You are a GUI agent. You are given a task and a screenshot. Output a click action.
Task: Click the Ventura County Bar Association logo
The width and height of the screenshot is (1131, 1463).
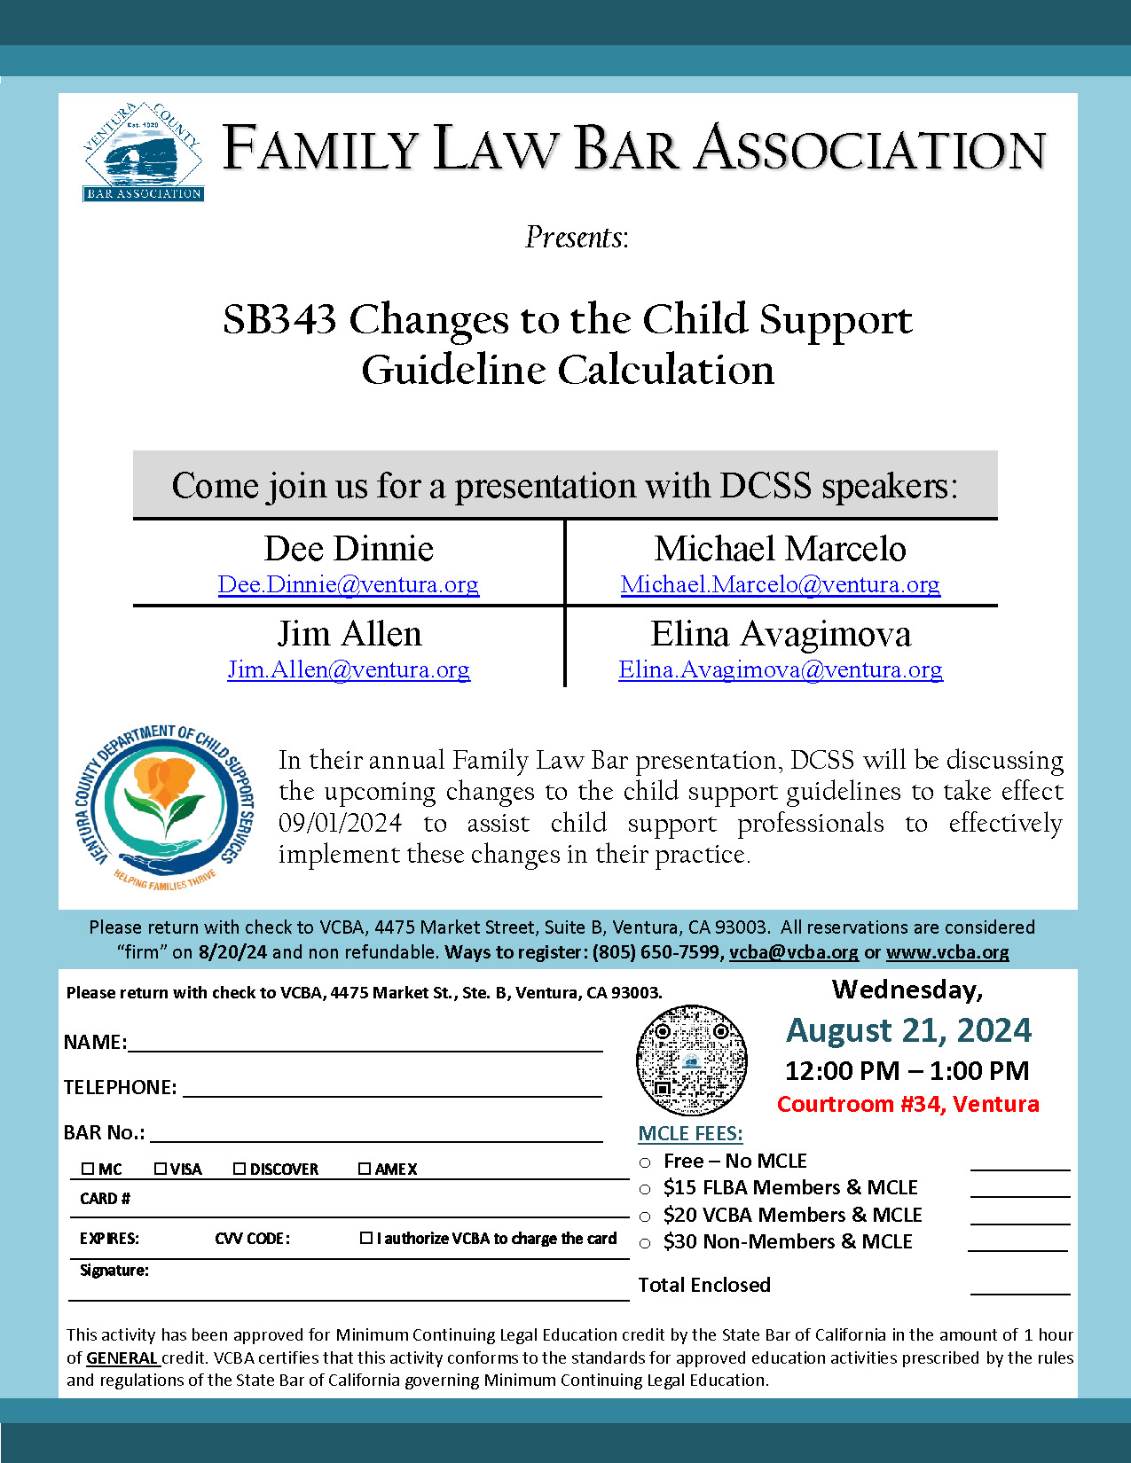tap(143, 153)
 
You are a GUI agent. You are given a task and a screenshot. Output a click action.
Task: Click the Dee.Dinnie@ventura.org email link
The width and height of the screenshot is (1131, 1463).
tap(349, 585)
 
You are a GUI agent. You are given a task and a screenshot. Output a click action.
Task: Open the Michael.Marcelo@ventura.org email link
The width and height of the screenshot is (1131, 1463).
tap(780, 585)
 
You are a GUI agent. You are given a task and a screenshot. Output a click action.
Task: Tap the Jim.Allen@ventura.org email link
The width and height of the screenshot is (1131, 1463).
tap(349, 670)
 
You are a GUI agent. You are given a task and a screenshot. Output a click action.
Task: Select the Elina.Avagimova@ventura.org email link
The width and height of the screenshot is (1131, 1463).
tap(780, 670)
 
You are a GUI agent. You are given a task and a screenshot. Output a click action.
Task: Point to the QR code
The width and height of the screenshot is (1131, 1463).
tap(692, 1060)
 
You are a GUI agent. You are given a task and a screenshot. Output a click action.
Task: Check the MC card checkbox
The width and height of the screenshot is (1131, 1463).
tap(88, 1169)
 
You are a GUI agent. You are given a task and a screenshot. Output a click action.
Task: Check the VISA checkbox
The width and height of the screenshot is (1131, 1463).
tap(161, 1169)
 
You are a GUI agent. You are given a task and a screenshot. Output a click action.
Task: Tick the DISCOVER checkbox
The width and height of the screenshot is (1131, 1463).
tap(240, 1169)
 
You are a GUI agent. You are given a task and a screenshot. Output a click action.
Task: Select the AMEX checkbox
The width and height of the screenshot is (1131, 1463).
tap(365, 1169)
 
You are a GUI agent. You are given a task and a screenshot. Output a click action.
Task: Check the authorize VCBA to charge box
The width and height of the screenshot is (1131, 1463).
tap(366, 1238)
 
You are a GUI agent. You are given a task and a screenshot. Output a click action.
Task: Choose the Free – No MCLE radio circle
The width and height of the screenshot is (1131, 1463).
tap(645, 1162)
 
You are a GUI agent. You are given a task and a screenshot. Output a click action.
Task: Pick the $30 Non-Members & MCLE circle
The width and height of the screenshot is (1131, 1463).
tap(645, 1243)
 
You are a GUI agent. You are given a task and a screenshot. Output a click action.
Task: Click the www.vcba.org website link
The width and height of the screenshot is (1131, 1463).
tap(947, 952)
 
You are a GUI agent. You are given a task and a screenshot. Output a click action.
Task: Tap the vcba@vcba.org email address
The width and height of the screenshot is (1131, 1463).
tap(794, 952)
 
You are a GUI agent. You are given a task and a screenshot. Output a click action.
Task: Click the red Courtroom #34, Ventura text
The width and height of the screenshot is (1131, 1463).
tap(907, 1104)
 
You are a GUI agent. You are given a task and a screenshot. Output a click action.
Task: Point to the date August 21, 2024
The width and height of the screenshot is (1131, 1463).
tap(909, 1030)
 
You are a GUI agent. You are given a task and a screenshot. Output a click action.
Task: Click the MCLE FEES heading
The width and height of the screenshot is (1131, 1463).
tap(690, 1134)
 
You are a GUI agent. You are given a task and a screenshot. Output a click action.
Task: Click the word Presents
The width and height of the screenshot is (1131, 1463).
tap(577, 238)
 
